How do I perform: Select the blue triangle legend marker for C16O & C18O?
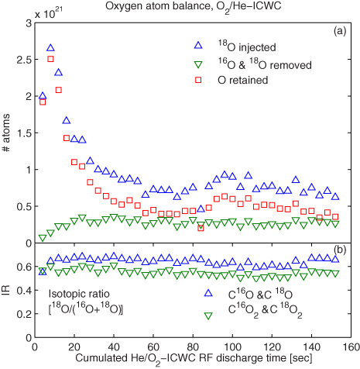(207, 295)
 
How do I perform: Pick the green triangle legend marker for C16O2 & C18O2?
(207, 314)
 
